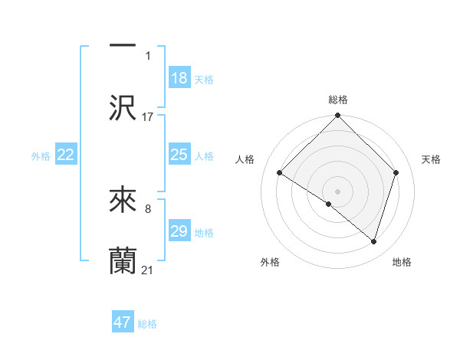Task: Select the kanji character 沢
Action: (x=123, y=108)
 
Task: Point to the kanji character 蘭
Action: (x=123, y=261)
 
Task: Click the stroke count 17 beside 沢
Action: (x=148, y=117)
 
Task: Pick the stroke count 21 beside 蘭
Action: (x=148, y=270)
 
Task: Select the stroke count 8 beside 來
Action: (x=148, y=208)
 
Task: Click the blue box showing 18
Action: (x=179, y=78)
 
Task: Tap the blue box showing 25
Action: (x=179, y=155)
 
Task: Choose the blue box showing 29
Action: (x=179, y=231)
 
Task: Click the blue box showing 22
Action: (x=66, y=155)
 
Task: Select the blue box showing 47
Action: (x=123, y=322)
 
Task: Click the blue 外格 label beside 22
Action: (x=41, y=156)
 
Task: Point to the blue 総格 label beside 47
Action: (x=148, y=324)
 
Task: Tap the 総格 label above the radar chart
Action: (x=338, y=100)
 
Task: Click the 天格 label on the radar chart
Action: (x=432, y=159)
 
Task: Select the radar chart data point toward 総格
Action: (x=338, y=116)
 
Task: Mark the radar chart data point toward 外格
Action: (x=329, y=204)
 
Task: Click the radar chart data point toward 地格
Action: (x=374, y=241)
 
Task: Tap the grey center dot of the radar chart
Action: (x=338, y=191)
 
